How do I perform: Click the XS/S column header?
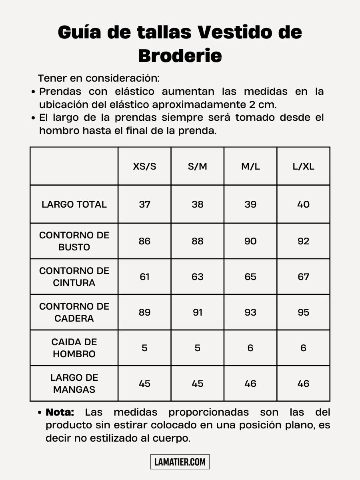[144, 166]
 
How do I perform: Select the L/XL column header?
[303, 166]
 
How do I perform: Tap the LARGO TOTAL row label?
[74, 204]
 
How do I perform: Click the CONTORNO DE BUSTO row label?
[74, 241]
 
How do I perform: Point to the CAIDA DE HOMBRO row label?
[74, 348]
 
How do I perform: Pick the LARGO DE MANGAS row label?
[74, 384]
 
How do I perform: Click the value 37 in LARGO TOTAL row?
[144, 204]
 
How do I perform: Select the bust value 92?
[303, 241]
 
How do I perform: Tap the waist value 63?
[197, 277]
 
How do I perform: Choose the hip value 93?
[250, 312]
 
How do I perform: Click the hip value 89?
[144, 312]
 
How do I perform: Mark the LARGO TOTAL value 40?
[303, 204]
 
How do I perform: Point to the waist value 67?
[303, 277]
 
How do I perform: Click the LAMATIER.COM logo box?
[180, 462]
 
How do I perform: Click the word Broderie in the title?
[180, 56]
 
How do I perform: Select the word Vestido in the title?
[234, 32]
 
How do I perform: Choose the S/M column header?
[197, 166]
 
